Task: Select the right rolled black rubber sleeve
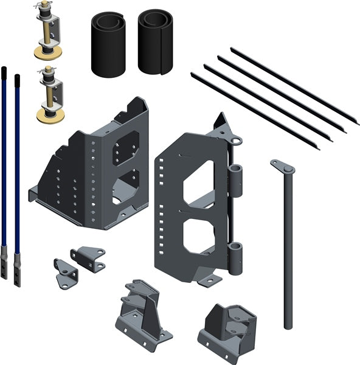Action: pyautogui.click(x=155, y=41)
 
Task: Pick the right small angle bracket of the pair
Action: pyautogui.click(x=88, y=257)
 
